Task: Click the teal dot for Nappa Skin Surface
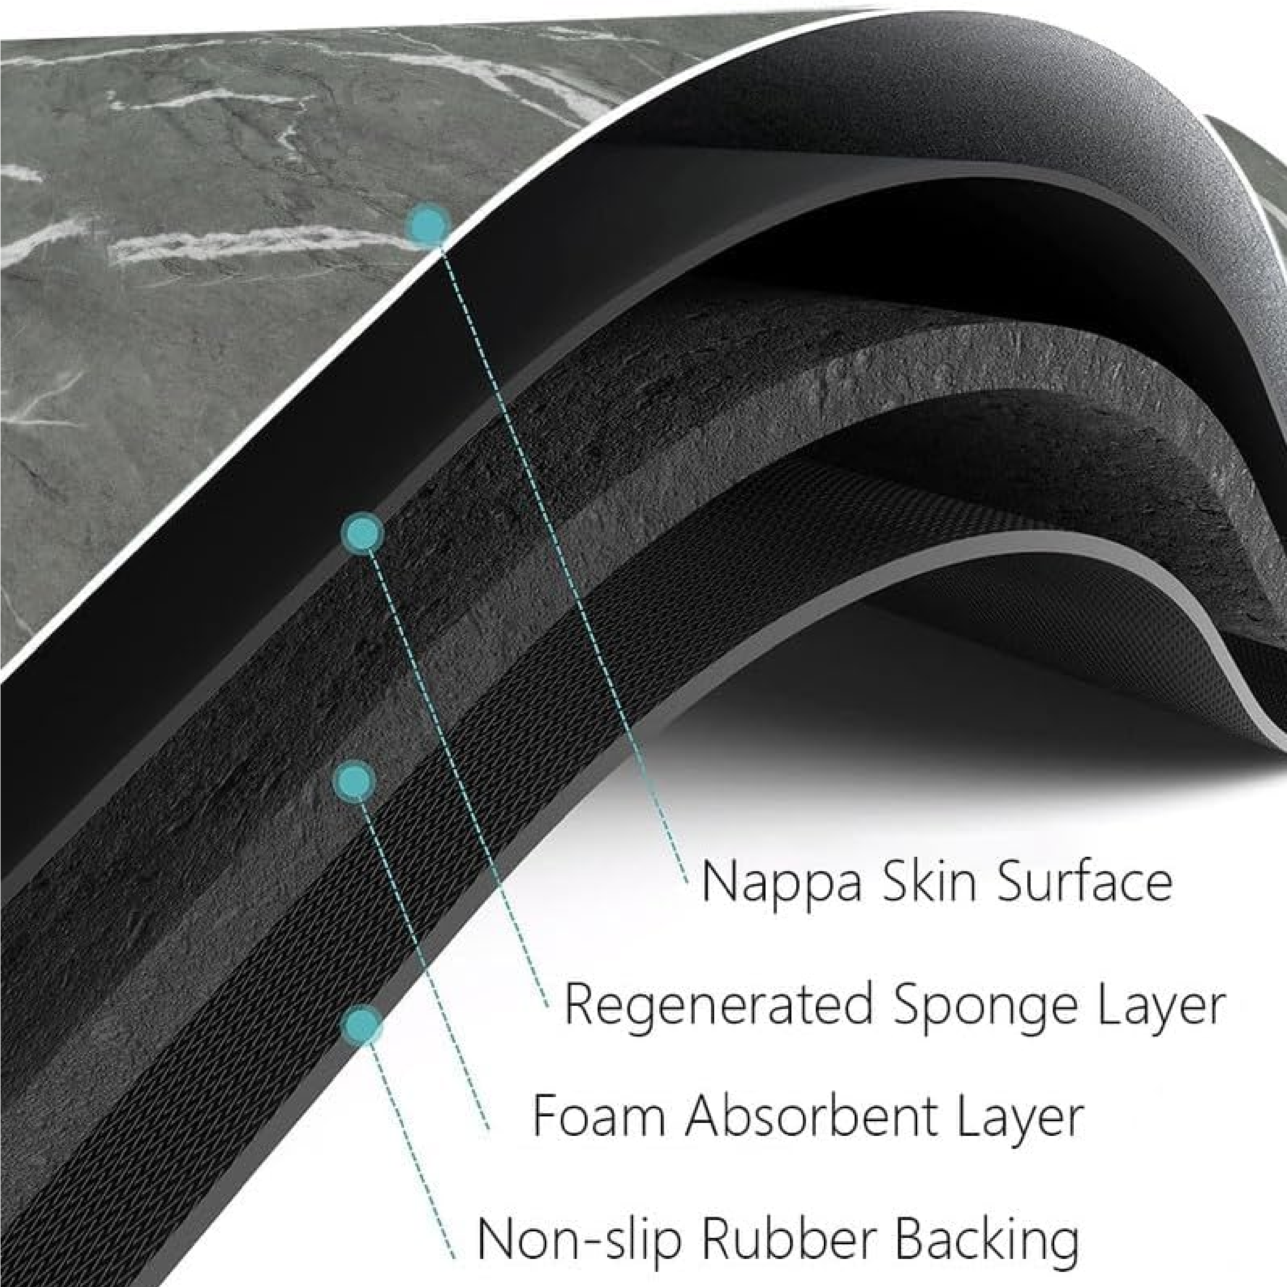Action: coord(428,225)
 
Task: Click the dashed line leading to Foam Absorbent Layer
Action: coord(426,966)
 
